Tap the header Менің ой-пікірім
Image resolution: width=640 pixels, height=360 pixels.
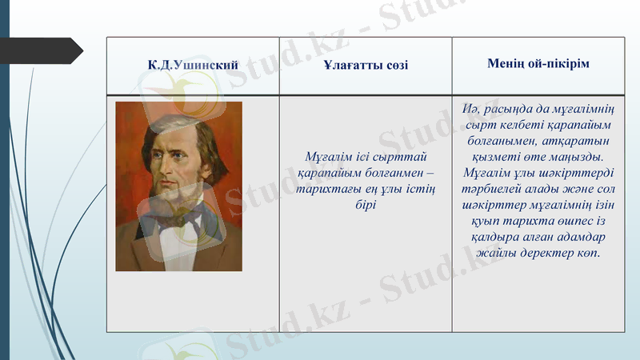pos(538,63)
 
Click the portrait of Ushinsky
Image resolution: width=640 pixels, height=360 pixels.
pos(178,186)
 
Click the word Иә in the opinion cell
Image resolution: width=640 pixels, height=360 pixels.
pos(470,109)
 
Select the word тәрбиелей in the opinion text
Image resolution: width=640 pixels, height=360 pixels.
pos(490,189)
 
